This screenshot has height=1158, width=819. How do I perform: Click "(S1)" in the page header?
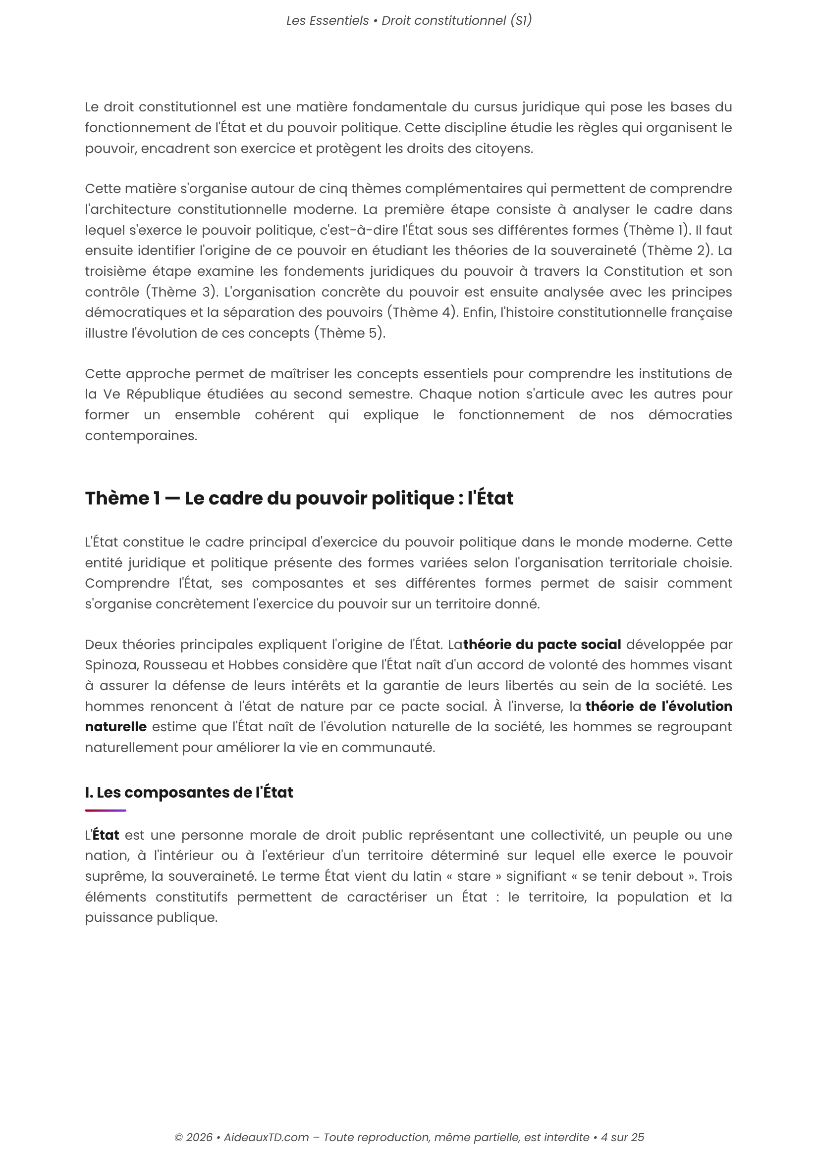(x=521, y=21)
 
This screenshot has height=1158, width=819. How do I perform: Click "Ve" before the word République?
(x=111, y=395)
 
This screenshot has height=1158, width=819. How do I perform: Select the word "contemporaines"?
(x=141, y=436)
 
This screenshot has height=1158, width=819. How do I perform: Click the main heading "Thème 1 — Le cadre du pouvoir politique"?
(x=299, y=499)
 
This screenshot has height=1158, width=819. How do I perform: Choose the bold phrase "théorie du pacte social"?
(x=542, y=645)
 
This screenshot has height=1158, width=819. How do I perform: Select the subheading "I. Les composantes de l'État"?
(x=189, y=792)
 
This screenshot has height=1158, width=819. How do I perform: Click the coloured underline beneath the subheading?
(x=106, y=810)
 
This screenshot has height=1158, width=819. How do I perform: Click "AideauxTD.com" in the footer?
(x=266, y=1137)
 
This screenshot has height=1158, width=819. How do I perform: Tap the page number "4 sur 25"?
(x=622, y=1137)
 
